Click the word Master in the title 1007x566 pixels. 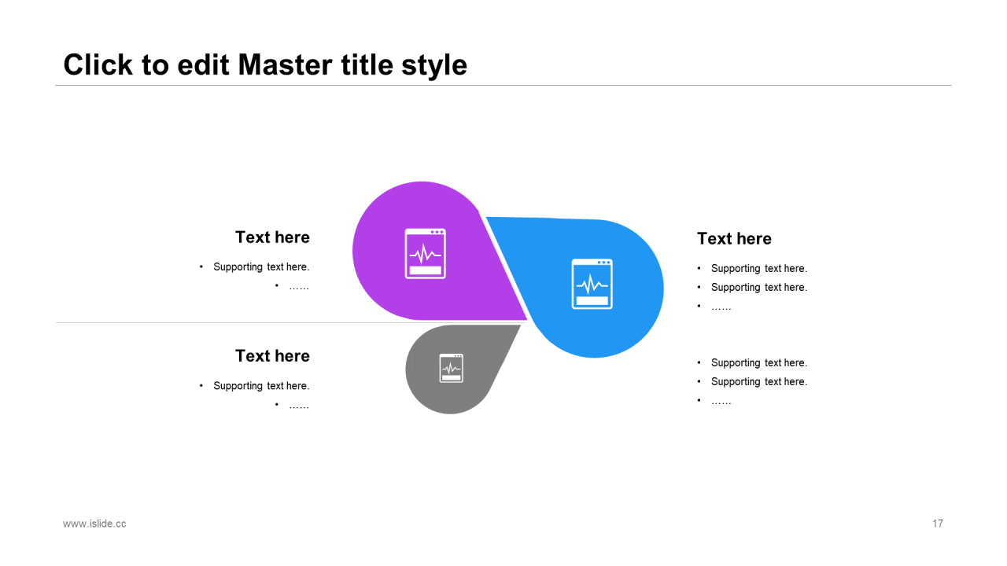pos(286,64)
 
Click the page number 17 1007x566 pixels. pos(937,524)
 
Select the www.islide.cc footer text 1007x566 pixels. pos(94,524)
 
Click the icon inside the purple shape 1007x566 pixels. pos(426,254)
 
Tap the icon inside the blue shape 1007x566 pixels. pos(592,284)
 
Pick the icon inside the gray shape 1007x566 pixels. pos(452,369)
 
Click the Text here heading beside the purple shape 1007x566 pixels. pos(272,237)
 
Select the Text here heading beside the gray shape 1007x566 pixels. pos(272,356)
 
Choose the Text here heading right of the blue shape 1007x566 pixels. pos(734,238)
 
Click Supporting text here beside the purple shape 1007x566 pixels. pos(261,266)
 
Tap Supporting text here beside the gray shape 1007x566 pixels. pos(261,386)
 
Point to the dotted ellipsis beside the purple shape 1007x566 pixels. pos(299,288)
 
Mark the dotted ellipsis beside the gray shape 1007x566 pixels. pos(299,407)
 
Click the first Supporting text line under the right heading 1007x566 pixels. pos(759,269)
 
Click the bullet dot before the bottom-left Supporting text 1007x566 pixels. pos(201,385)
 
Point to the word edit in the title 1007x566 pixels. pos(203,64)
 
